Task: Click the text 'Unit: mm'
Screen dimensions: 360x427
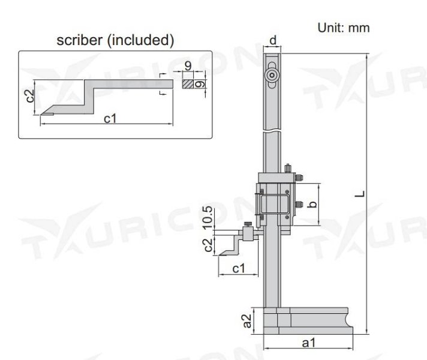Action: coord(342,28)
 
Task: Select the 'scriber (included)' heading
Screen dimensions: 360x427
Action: coord(115,41)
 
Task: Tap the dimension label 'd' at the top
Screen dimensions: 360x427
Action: coord(273,40)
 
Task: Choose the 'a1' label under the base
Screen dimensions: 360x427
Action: coord(308,343)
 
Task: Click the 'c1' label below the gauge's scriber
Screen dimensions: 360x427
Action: coord(239,269)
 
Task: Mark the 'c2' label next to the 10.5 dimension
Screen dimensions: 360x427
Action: coord(208,245)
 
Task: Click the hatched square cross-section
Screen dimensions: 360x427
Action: coord(188,85)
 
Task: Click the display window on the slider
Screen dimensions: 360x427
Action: coord(274,205)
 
